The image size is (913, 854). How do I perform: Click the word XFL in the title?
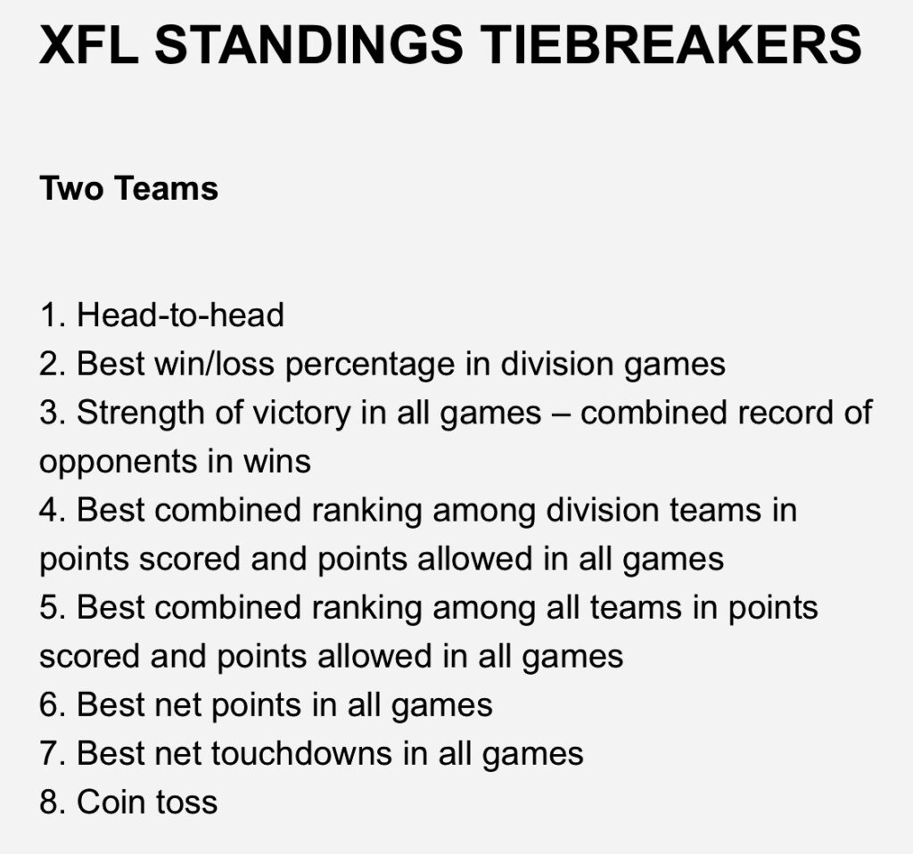(89, 45)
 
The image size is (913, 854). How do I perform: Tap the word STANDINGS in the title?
(308, 45)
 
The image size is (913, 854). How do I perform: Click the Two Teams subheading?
(128, 188)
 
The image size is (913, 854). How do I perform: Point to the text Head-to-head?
(180, 315)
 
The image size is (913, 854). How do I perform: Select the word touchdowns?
(301, 753)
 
